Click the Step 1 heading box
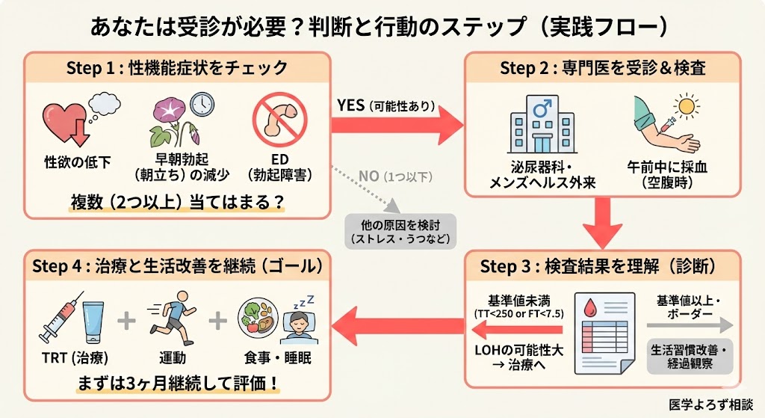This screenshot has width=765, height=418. pyautogui.click(x=177, y=68)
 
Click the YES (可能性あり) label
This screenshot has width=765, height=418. pyautogui.click(x=385, y=105)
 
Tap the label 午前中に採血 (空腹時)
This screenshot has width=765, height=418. pyautogui.click(x=669, y=175)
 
